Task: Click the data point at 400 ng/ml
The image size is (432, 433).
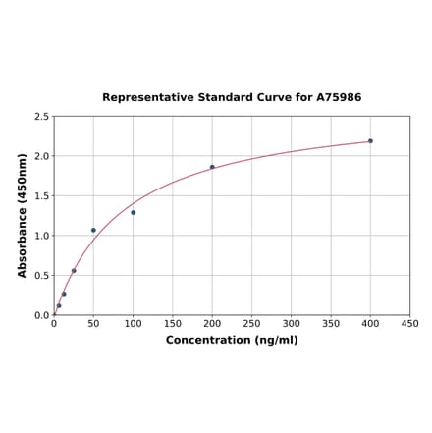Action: tap(370, 140)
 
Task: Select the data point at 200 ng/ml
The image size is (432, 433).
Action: tap(212, 167)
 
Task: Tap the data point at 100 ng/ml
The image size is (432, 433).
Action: tap(133, 212)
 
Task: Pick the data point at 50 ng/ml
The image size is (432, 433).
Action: tap(93, 230)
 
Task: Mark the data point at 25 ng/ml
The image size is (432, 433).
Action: tap(74, 271)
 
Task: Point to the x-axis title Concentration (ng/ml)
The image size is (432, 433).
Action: tap(232, 340)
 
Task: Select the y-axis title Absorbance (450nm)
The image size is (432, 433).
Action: tap(23, 215)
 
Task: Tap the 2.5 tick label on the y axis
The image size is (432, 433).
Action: tap(41, 117)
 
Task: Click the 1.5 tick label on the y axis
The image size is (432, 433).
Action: tap(41, 196)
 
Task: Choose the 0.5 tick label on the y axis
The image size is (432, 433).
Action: tap(41, 276)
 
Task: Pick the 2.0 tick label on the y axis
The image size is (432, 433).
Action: tap(41, 156)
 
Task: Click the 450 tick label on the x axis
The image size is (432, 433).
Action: tap(409, 323)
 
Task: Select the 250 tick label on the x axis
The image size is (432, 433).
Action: tap(251, 323)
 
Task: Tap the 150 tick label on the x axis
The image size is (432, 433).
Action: tap(173, 323)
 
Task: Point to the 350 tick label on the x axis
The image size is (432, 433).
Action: tap(331, 323)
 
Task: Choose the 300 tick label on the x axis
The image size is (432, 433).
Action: tap(292, 323)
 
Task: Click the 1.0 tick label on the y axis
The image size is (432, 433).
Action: tap(41, 236)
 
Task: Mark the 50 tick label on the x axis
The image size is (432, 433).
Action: tap(93, 323)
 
